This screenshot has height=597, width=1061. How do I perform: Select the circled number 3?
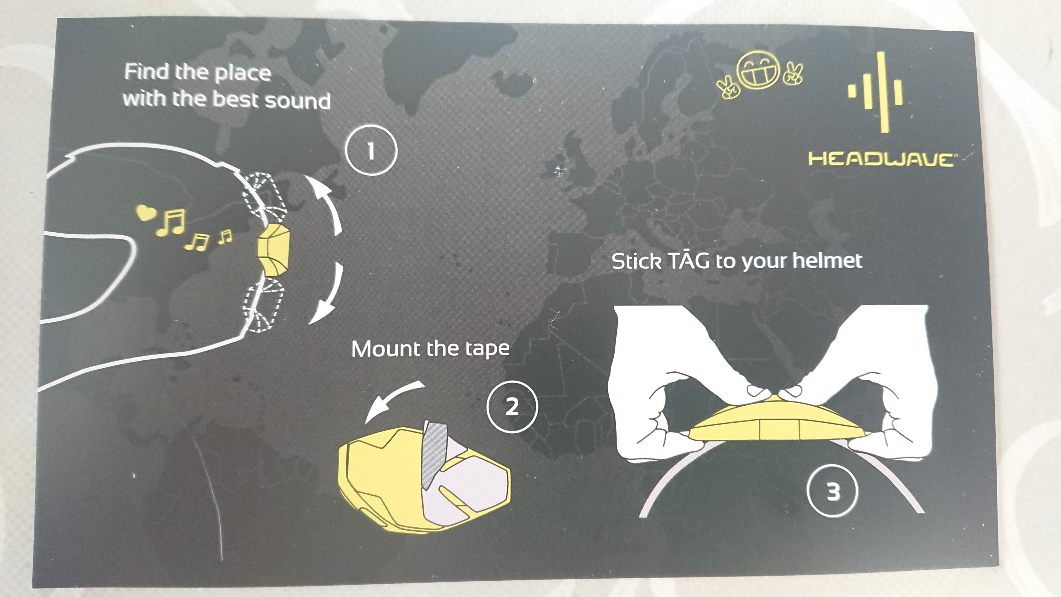[x=833, y=491]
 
